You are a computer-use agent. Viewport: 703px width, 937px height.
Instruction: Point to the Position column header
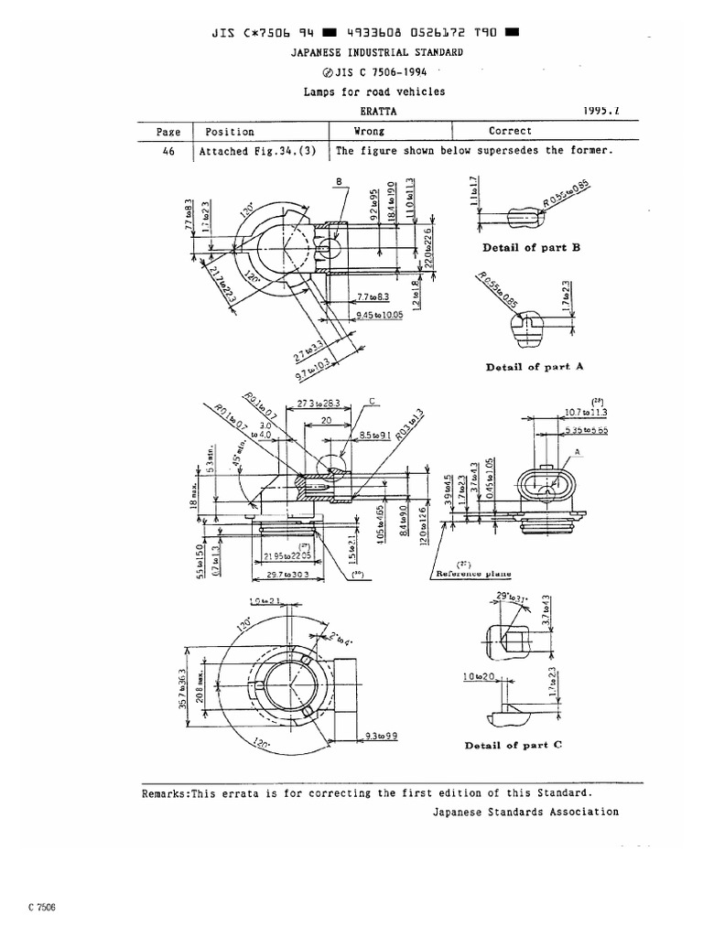pos(230,132)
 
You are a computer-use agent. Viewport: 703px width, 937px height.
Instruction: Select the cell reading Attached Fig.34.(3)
pos(255,151)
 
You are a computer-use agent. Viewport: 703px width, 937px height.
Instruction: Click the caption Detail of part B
pos(532,248)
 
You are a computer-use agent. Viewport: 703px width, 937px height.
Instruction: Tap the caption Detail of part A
pos(535,367)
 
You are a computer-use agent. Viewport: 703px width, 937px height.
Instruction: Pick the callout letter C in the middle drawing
pos(373,400)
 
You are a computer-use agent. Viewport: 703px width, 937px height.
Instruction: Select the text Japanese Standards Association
pos(525,812)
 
